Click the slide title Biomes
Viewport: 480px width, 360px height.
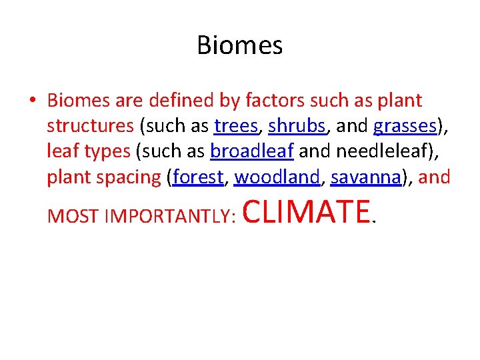tap(240, 45)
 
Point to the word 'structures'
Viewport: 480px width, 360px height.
tap(90, 126)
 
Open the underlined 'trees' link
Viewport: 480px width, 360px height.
tap(236, 126)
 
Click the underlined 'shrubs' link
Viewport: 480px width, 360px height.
tap(296, 126)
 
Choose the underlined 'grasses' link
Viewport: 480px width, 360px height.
tap(405, 126)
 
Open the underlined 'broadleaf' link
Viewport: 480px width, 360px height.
tap(252, 151)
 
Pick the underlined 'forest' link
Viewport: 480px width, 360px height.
tap(198, 177)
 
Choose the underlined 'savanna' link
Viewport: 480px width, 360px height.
tap(367, 177)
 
